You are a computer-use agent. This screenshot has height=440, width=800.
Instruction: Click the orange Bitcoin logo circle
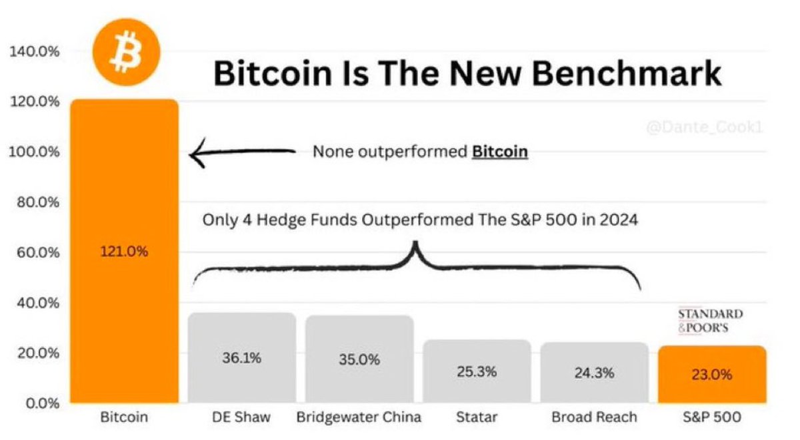pos(127,51)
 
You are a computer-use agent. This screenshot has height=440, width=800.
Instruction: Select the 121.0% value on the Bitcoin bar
pos(124,253)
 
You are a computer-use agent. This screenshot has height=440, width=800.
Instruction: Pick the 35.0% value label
pos(359,360)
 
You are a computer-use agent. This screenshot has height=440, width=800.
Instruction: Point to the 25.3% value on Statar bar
pos(477,372)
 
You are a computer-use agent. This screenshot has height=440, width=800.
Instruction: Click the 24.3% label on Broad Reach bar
pos(594,373)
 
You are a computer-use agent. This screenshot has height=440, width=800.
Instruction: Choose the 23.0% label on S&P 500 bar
pos(711,374)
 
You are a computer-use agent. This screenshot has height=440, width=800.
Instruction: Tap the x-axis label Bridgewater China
pos(359,418)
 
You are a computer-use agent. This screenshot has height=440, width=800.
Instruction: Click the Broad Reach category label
pos(594,418)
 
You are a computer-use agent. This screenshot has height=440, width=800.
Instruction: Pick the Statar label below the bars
pos(477,418)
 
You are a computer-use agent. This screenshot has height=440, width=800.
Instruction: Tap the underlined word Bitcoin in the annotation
pos(500,152)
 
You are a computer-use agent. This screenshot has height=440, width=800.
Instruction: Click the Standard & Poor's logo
pos(709,320)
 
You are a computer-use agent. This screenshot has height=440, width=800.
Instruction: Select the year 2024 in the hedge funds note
pos(617,219)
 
